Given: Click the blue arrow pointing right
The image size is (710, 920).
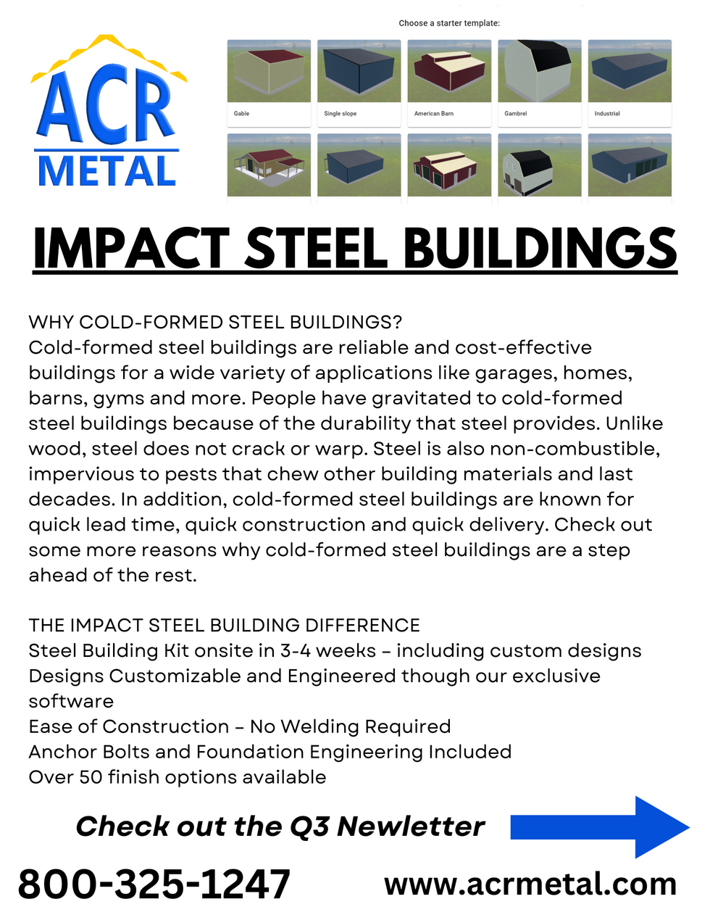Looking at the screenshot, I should point(598,827).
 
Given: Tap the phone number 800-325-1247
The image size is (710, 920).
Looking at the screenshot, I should point(154,884).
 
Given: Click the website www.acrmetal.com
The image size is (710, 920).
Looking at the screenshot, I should point(530,884).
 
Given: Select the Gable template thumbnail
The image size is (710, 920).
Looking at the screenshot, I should point(269,72).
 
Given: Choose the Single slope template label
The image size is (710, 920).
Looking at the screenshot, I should point(340,114).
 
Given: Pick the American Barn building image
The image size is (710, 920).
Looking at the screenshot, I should point(449,72).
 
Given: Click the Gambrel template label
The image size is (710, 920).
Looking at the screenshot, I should point(516,114).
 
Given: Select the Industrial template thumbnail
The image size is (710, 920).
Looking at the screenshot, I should point(630,72).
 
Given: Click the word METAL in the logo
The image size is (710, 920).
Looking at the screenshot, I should point(106,171).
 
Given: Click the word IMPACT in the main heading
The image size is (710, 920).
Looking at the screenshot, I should point(131,249).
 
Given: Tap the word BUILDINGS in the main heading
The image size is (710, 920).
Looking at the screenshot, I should point(540,249).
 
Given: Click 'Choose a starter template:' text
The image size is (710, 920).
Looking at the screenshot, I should point(449,23).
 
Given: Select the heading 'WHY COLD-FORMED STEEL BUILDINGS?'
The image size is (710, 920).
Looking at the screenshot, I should point(215,322).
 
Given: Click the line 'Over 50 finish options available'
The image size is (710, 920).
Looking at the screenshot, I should point(177,777).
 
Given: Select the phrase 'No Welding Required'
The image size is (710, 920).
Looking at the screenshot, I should point(351,726).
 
